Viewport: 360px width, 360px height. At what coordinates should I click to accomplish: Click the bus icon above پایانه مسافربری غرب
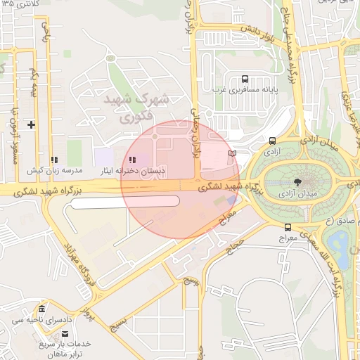(x=244, y=79)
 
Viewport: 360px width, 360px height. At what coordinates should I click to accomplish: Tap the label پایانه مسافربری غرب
(x=244, y=91)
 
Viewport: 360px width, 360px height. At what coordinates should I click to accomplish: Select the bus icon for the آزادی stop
(x=272, y=140)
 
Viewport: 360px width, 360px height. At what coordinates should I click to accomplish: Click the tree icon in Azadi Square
(x=298, y=181)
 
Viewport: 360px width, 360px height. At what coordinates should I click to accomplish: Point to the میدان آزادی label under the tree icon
(x=298, y=193)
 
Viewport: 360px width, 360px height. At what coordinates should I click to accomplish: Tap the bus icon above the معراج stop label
(x=288, y=227)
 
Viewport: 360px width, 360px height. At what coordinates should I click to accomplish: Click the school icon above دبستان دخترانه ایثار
(x=133, y=159)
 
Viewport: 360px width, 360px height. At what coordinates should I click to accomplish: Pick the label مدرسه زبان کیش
(x=55, y=171)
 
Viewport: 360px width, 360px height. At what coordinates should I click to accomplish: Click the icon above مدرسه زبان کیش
(x=55, y=160)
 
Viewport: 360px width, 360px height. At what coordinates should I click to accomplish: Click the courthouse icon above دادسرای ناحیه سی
(x=42, y=309)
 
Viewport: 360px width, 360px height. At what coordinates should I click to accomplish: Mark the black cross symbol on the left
(x=31, y=124)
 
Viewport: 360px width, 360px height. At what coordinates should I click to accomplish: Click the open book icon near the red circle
(x=233, y=153)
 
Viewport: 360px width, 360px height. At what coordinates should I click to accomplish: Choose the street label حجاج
(x=234, y=243)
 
